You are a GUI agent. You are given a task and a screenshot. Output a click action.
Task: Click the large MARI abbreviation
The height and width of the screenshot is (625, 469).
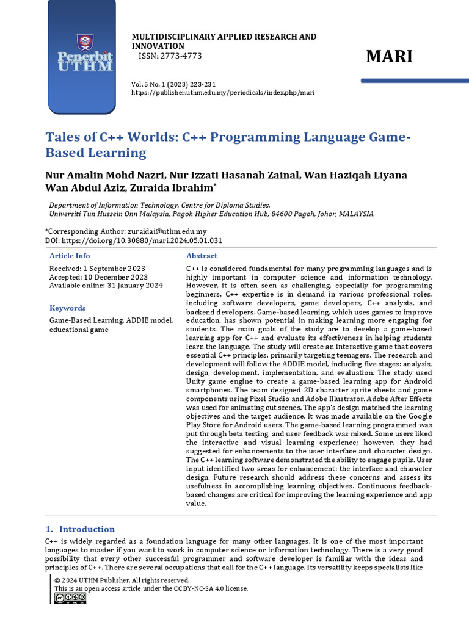point(389,57)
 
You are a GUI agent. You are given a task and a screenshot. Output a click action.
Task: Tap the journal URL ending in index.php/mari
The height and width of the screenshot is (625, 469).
point(223,93)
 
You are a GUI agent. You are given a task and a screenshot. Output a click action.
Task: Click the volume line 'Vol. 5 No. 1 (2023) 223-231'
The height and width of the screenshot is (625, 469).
point(173,84)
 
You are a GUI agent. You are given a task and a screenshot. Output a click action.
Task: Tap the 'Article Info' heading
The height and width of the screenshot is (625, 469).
point(70,256)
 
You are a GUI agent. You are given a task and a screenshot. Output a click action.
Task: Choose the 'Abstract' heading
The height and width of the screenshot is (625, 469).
point(202,256)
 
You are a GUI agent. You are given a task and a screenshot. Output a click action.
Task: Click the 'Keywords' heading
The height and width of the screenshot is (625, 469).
point(67,308)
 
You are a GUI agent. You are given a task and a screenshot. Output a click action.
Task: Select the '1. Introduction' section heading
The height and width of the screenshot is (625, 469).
point(81,529)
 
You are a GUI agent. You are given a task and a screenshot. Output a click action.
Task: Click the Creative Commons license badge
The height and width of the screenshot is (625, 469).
point(70,599)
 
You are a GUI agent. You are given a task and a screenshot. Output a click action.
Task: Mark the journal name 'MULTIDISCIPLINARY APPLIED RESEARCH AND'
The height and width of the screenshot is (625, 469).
point(224,37)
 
